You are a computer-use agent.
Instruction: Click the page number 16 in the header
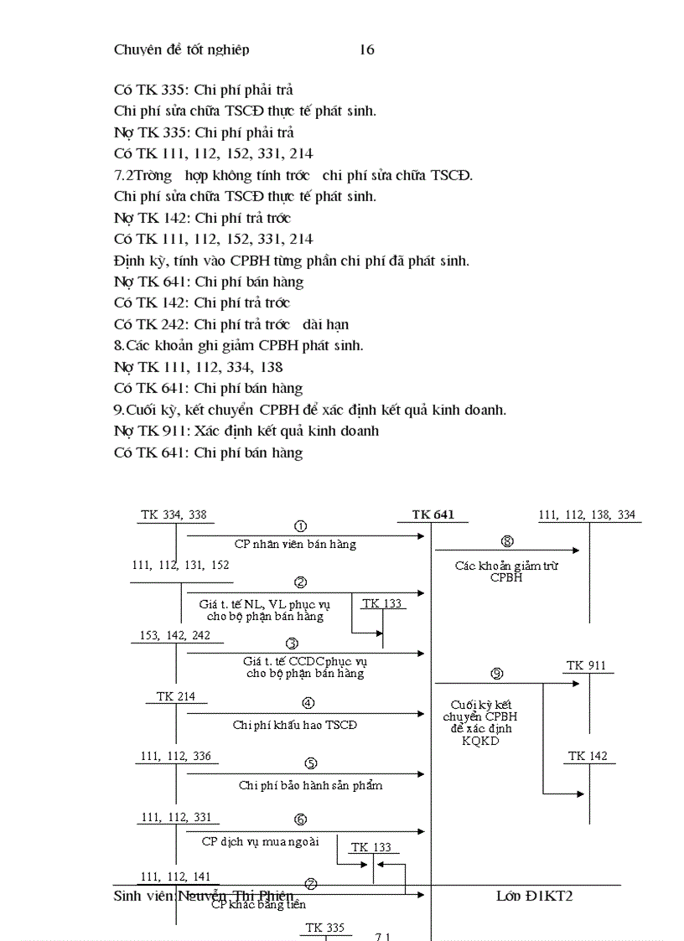pos(367,49)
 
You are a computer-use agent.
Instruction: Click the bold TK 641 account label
pos(433,514)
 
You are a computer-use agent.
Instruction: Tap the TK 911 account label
pos(586,665)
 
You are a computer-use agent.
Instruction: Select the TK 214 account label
pos(176,696)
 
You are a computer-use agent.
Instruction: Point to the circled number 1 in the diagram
pos(300,526)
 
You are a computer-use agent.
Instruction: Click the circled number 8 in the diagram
pos(506,541)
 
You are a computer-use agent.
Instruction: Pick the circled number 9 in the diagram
pos(496,674)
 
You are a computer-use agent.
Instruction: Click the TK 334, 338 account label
pos(174,514)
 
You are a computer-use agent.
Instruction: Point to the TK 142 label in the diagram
pos(588,756)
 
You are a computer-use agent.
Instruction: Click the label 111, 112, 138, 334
pos(587,514)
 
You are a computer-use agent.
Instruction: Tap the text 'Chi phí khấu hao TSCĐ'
pos(295,725)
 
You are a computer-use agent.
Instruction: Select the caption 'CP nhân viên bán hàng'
pos(295,544)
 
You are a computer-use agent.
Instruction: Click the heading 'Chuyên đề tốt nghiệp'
pos(181,49)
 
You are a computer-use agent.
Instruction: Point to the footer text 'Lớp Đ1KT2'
pos(534,896)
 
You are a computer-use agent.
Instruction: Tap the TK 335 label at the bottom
pos(324,928)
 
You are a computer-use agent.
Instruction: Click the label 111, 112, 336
pos(176,756)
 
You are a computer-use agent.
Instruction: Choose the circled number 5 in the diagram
pos(310,763)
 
